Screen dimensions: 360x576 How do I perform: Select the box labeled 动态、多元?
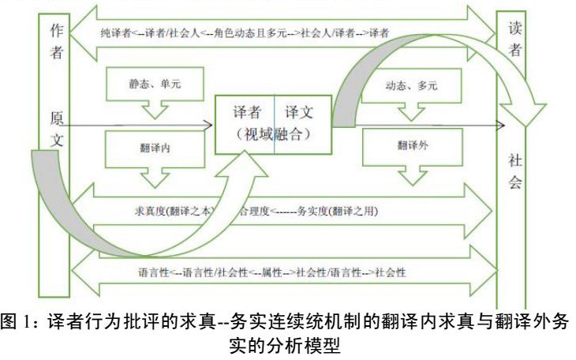click(412, 82)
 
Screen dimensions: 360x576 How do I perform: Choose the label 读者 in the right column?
click(514, 39)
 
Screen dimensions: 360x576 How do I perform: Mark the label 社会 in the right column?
click(514, 172)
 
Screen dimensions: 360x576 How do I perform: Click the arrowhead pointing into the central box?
click(208, 124)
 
